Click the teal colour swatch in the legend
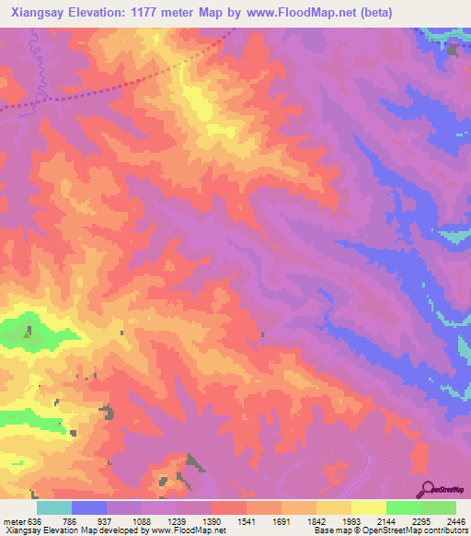point(54,507)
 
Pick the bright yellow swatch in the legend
point(368,507)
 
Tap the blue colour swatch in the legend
point(89,507)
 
